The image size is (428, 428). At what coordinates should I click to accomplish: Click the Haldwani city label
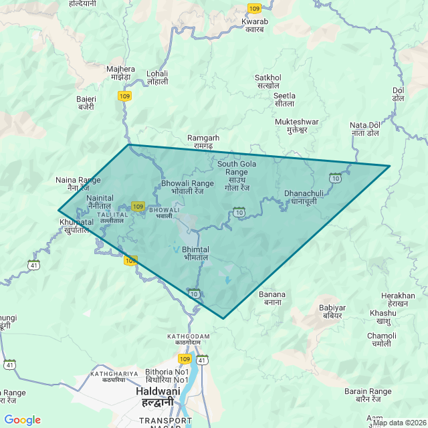click(154, 396)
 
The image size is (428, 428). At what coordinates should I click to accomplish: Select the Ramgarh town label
click(203, 142)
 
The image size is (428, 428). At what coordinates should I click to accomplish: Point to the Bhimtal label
click(195, 253)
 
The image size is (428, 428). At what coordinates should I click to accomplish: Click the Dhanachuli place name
click(304, 197)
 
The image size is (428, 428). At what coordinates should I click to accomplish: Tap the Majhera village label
click(120, 73)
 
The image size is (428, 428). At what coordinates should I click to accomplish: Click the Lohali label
click(157, 78)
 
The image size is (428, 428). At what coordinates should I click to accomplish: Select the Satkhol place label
click(267, 82)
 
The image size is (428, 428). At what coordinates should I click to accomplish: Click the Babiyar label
click(332, 312)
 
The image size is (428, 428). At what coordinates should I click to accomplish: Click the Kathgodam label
click(189, 339)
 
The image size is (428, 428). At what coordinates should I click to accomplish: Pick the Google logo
click(22, 420)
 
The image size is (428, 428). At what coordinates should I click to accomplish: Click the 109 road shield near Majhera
click(124, 96)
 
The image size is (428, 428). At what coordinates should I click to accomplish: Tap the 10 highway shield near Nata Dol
click(335, 178)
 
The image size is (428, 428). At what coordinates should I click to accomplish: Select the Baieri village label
click(86, 103)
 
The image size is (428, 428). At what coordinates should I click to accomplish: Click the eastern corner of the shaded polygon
click(389, 166)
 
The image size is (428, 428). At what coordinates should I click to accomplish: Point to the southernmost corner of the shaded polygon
click(223, 318)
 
